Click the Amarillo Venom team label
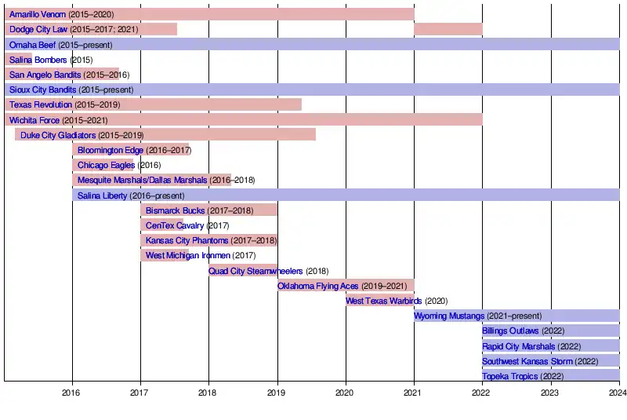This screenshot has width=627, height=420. pos(38,15)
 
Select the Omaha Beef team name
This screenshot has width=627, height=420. pos(32,45)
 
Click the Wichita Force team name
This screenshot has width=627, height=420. pos(34,120)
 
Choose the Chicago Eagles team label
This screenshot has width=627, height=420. pos(106,166)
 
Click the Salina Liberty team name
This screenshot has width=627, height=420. pos(102,195)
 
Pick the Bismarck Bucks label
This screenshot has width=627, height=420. pos(175,210)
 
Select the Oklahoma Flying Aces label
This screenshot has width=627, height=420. pos(317,286)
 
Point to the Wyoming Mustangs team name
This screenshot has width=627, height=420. pos(449,316)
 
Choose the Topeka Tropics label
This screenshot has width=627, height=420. pos(510,377)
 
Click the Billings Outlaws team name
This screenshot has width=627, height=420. pos(510,331)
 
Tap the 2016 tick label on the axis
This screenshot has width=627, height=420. pos(71,393)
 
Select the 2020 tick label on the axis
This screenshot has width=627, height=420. pos(346,393)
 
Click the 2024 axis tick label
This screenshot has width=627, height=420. pos(618,393)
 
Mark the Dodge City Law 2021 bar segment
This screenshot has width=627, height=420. pos(448,29)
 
